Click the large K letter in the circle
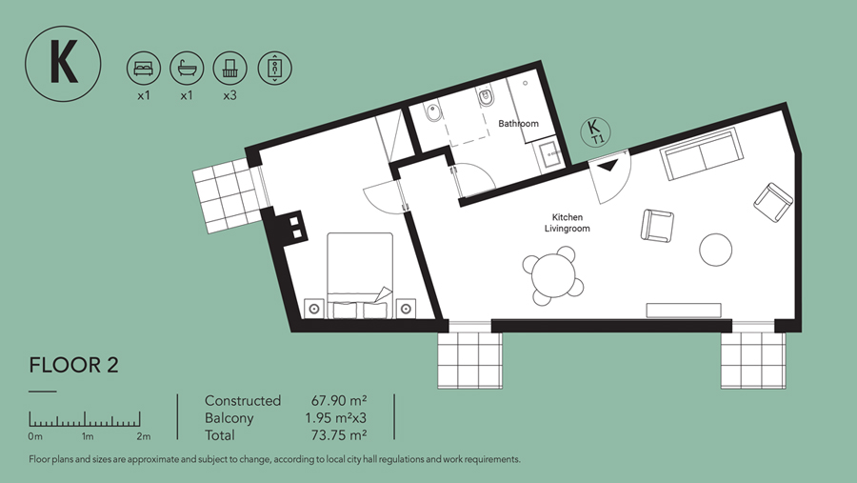(64, 63)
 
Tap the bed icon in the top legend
(144, 69)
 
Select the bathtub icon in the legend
(187, 69)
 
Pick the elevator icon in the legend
(274, 69)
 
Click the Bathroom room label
(518, 124)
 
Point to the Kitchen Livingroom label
(568, 223)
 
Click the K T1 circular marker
(595, 131)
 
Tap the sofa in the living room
(702, 153)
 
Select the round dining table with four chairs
(553, 275)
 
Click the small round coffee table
(715, 250)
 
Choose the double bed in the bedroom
(360, 275)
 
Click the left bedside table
(314, 309)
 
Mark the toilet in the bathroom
(486, 98)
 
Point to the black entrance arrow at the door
(608, 165)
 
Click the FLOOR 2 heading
(73, 365)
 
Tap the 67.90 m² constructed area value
(339, 400)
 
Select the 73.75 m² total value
(339, 435)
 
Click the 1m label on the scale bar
(88, 436)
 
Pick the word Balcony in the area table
(229, 418)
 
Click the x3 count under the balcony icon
(230, 95)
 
